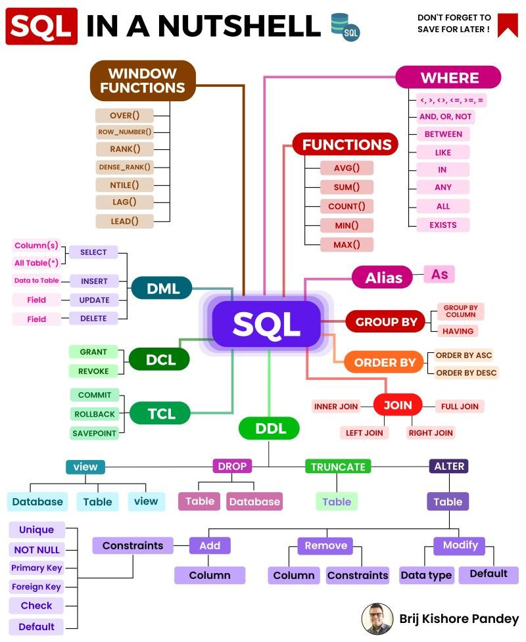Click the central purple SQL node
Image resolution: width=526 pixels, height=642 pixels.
click(266, 323)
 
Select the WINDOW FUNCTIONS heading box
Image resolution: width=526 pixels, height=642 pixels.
click(143, 80)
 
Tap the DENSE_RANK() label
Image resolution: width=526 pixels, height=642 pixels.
click(124, 167)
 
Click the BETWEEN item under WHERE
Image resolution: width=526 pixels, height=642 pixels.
click(444, 134)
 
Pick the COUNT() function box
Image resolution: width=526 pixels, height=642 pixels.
click(347, 206)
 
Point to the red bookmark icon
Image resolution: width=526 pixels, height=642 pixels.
click(508, 25)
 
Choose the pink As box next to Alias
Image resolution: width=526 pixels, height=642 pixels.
click(439, 274)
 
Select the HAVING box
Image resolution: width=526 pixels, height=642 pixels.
click(458, 331)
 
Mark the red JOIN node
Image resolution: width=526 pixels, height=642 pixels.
click(398, 405)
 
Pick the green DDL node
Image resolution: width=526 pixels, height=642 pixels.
click(268, 428)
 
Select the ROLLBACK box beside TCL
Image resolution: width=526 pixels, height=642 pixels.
click(95, 414)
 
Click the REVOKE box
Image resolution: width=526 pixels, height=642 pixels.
click(94, 371)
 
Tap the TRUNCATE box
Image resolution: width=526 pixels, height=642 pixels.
click(338, 467)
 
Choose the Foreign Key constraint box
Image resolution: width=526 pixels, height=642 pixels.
click(36, 587)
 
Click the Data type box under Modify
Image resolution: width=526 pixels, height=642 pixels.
click(426, 575)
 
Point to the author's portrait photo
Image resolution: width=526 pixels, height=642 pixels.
click(377, 618)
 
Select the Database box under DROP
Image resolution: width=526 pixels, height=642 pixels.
click(254, 501)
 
